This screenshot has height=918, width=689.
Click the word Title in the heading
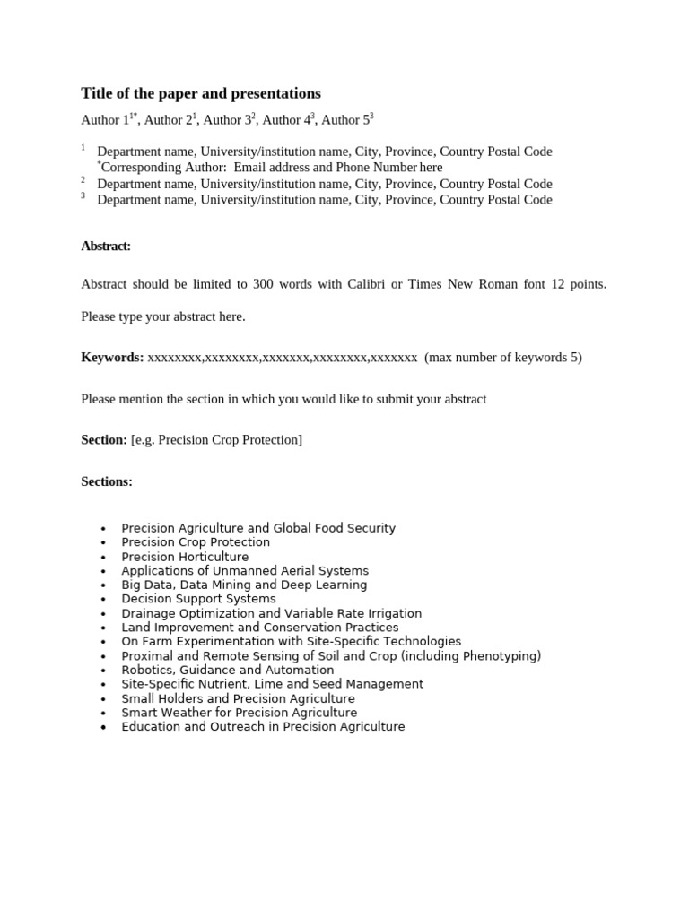click(97, 93)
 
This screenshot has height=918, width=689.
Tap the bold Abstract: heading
click(106, 246)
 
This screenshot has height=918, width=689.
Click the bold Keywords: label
click(112, 357)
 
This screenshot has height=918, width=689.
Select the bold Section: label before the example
click(104, 440)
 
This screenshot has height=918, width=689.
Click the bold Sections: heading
click(107, 481)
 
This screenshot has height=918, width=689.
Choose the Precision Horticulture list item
click(185, 557)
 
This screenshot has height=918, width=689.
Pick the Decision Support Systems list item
click(198, 599)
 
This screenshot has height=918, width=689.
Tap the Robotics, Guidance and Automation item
click(227, 670)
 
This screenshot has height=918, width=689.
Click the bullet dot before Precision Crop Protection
click(105, 542)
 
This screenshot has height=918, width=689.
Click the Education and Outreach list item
click(263, 727)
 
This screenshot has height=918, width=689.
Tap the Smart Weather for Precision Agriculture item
click(239, 713)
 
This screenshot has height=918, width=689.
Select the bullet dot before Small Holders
click(105, 698)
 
